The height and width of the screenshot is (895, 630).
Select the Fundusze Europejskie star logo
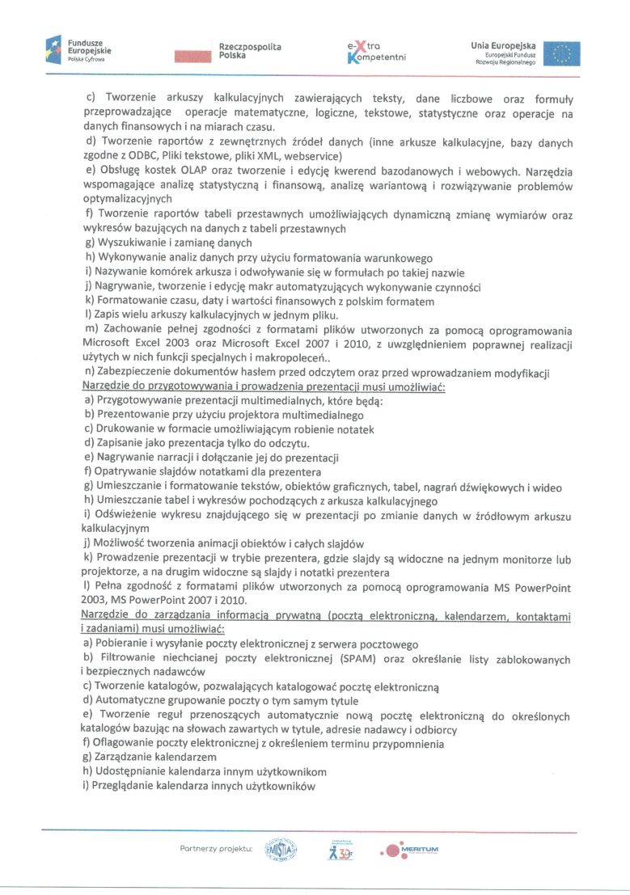54,50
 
